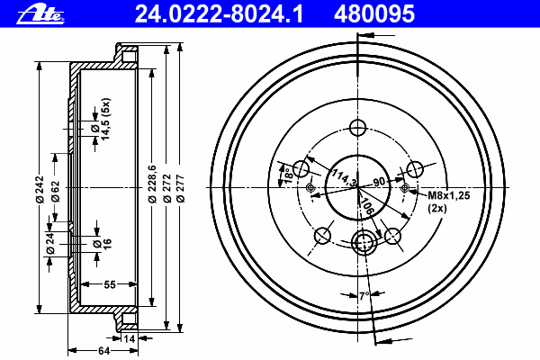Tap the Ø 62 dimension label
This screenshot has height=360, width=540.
click(56, 192)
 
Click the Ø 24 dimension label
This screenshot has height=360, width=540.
click(51, 242)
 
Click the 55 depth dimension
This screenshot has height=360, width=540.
click(109, 285)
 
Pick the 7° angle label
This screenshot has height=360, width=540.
click(363, 295)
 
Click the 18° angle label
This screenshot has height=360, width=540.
click(286, 174)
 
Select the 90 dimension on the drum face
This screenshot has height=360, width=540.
click(379, 181)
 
